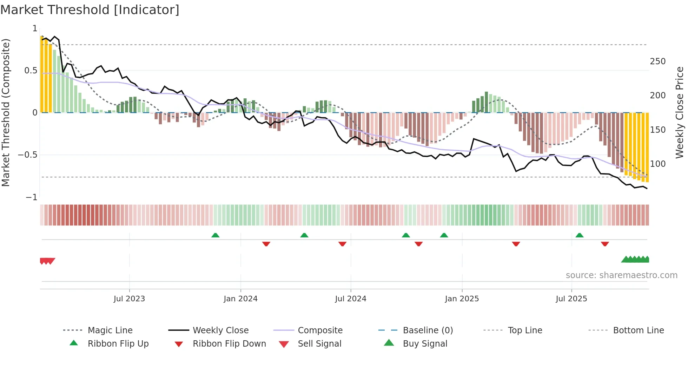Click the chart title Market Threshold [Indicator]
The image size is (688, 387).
(x=90, y=10)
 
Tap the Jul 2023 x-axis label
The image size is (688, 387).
(x=129, y=299)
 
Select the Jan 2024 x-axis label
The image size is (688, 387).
(x=240, y=299)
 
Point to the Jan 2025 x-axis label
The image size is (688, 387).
(x=462, y=299)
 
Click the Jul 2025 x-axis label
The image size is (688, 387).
(x=571, y=299)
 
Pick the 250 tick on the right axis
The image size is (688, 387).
(x=657, y=61)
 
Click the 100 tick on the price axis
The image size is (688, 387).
(x=657, y=164)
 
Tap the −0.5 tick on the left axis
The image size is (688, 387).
(x=28, y=155)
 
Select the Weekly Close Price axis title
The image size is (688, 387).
(x=680, y=112)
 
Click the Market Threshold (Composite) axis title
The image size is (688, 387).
(x=6, y=112)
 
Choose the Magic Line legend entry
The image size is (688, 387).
(x=110, y=330)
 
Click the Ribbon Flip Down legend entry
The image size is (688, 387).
(x=229, y=344)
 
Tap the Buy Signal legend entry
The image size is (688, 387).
(x=425, y=344)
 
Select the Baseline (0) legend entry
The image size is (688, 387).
(x=428, y=330)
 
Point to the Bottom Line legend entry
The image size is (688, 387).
(x=638, y=330)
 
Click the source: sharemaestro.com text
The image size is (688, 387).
(x=621, y=275)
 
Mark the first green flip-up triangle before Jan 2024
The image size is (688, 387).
(x=215, y=235)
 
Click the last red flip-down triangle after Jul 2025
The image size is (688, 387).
(x=605, y=244)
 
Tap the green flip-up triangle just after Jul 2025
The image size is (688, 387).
(x=580, y=235)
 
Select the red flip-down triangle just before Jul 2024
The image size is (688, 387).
(x=342, y=244)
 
